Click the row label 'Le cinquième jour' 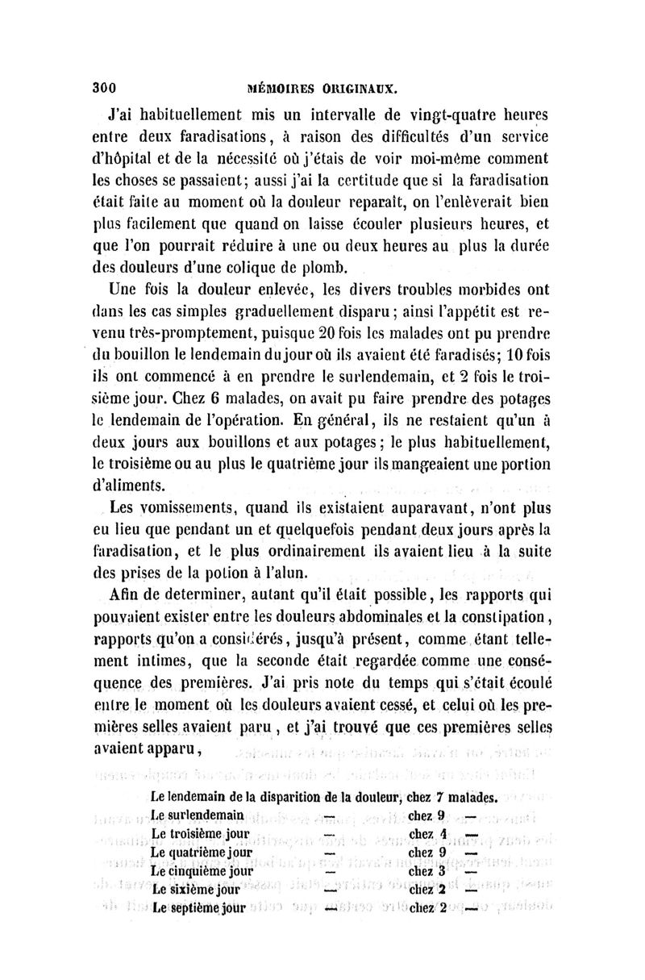pyautogui.click(x=202, y=871)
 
